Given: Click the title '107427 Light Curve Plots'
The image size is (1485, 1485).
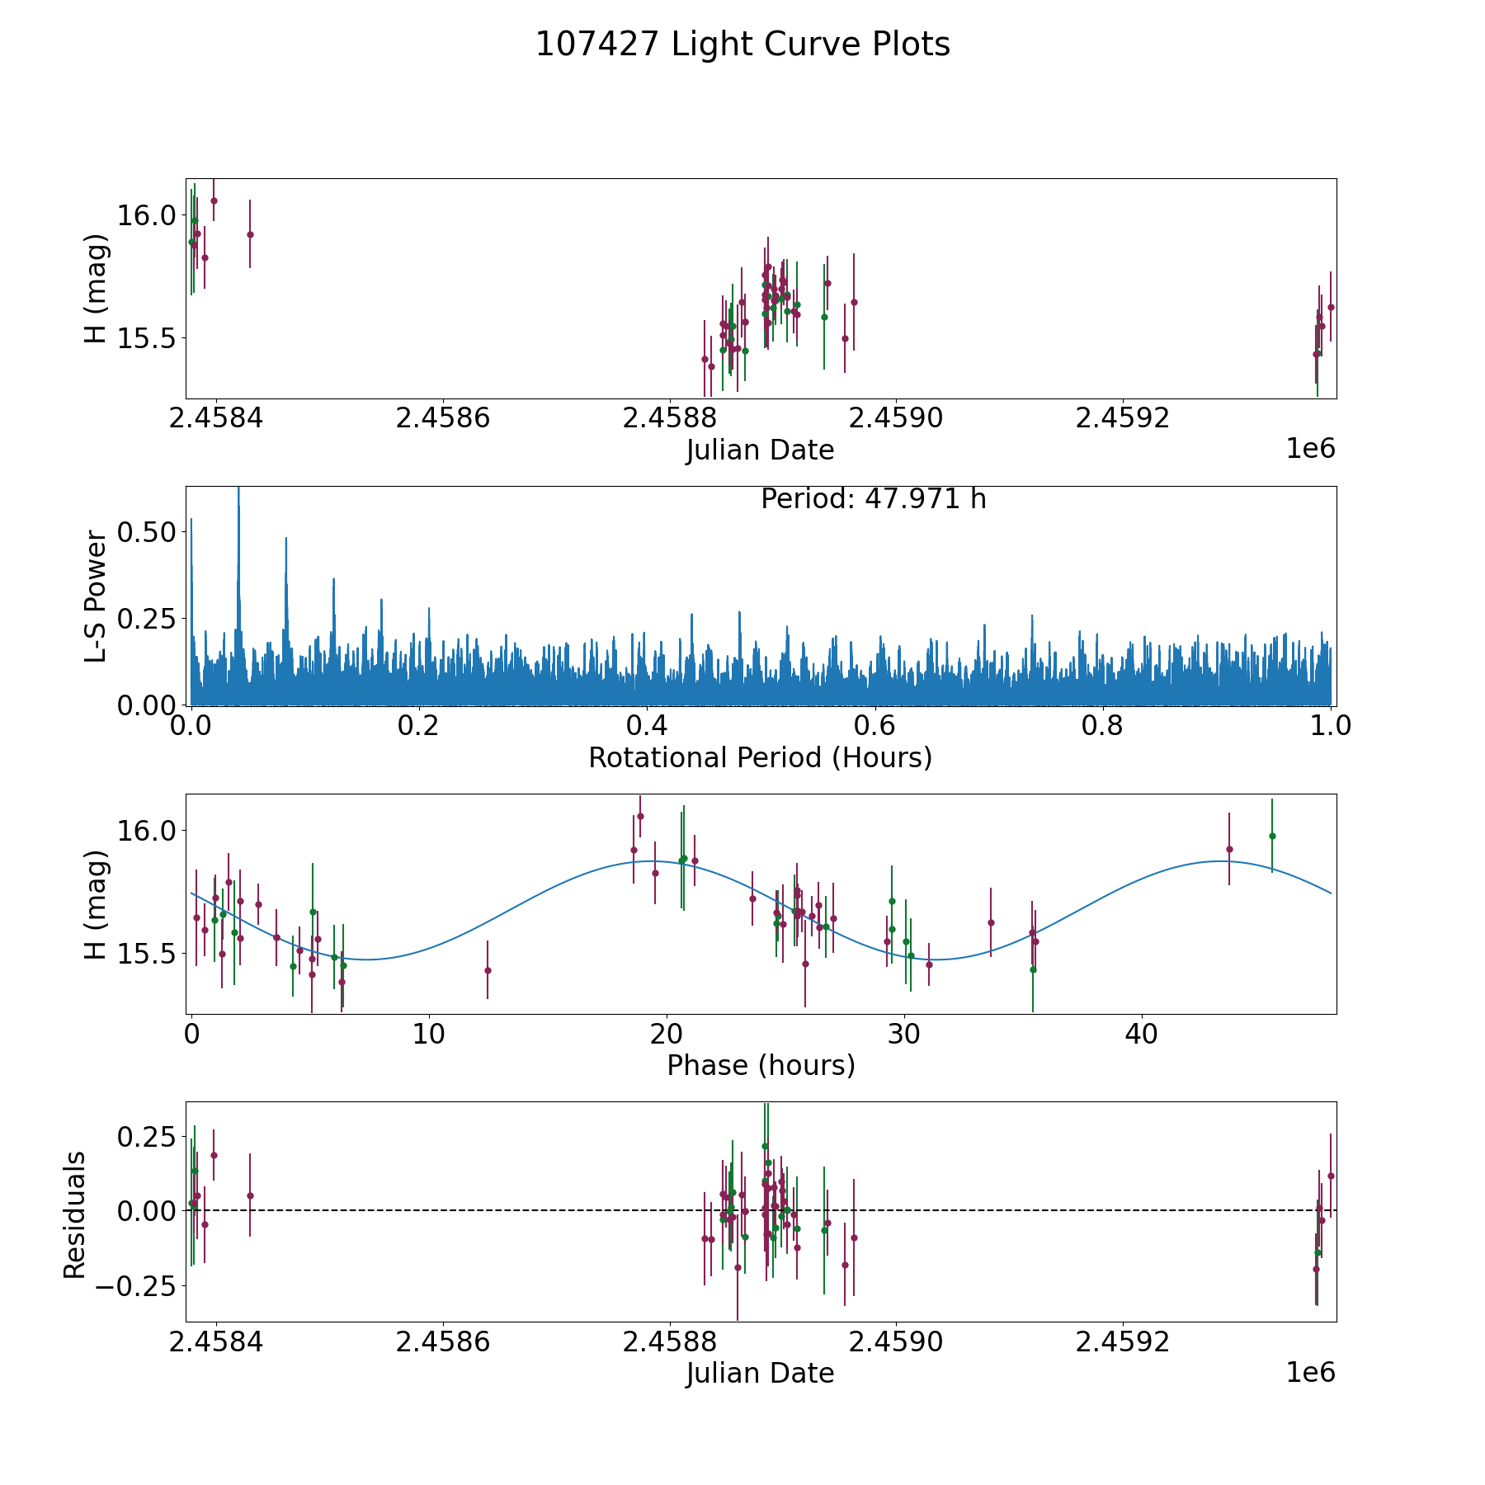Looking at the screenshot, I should pos(742,45).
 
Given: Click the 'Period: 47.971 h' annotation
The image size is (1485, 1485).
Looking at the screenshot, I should pos(873,499).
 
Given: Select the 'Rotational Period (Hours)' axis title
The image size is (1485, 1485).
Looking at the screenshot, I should pos(760,757).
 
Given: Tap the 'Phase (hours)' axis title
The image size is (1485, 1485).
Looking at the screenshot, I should pos(761,1065).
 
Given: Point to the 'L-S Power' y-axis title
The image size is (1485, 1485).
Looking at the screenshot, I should pos(97,596).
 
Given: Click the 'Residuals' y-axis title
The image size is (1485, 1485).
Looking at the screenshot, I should pos(75,1214).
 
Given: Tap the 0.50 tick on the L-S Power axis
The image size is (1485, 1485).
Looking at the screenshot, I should pos(147,531).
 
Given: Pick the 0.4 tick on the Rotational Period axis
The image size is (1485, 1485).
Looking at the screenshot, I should pos(647,726).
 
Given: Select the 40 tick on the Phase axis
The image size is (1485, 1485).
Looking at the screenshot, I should pos(1142,1034).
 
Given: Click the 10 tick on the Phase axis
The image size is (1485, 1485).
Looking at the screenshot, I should pos(429,1034).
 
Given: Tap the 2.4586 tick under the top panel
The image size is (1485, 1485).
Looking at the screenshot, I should pos(443,418).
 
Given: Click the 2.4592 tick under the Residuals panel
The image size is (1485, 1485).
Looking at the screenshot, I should pos(1124,1341).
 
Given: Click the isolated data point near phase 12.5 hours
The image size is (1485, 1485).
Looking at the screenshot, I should pos(488,970).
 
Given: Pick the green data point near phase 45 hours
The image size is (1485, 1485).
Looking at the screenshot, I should pos(1272,836).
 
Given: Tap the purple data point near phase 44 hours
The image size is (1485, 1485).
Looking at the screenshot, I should pos(1229,849).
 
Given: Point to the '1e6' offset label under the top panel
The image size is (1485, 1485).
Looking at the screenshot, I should pos(1310,449).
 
